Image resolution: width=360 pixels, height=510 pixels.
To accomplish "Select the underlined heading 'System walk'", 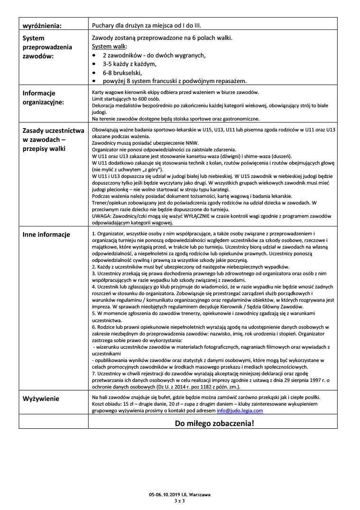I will [109, 46].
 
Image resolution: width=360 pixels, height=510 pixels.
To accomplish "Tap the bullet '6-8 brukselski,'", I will [122, 73].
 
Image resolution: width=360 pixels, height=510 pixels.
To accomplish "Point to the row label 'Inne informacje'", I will [46, 234].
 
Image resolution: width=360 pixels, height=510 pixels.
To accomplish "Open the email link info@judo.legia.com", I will [240, 410].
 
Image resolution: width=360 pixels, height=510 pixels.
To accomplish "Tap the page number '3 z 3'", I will [180, 501].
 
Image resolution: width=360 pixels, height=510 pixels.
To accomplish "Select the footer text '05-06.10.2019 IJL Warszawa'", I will [180, 494].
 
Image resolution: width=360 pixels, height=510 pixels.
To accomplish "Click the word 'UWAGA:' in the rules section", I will [102, 215].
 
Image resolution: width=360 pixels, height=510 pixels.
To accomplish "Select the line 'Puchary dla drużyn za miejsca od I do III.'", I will [149, 26].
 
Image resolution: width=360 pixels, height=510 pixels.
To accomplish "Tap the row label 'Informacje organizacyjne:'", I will [43, 97].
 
